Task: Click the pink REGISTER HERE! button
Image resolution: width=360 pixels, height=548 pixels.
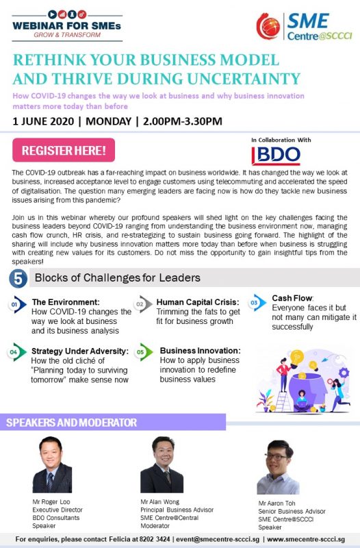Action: (x=64, y=150)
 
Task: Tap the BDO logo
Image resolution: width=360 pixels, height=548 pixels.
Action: (x=276, y=155)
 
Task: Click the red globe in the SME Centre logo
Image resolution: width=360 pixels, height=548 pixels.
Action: (x=268, y=26)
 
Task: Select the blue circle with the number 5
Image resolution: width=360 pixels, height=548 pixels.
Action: (x=18, y=279)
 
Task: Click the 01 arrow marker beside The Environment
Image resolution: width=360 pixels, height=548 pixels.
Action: (x=17, y=304)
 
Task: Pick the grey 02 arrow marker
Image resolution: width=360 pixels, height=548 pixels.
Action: (x=143, y=304)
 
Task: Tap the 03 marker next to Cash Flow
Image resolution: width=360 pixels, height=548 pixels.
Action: (x=257, y=303)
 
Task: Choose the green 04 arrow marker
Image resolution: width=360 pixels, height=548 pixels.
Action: (x=16, y=352)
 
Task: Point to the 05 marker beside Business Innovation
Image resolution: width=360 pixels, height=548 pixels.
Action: (x=144, y=352)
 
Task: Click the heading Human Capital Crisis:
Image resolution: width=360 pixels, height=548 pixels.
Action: (x=198, y=302)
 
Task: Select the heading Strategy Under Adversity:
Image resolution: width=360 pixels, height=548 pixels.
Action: (x=80, y=351)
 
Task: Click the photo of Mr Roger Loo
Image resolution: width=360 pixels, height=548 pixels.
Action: (x=52, y=465)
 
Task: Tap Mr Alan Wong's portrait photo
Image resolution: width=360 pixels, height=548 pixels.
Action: (x=162, y=465)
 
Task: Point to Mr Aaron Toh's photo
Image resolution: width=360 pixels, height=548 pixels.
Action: (x=278, y=467)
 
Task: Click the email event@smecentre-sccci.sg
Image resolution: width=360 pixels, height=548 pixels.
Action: (x=218, y=539)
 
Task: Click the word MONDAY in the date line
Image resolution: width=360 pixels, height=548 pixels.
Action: (x=109, y=121)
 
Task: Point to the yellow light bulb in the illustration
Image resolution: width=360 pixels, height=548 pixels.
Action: (x=296, y=358)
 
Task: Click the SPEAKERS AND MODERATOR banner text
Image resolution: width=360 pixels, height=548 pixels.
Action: (x=72, y=423)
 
